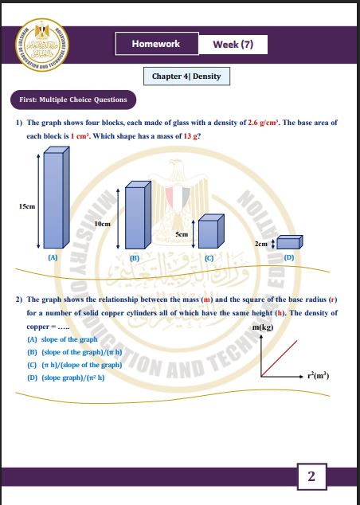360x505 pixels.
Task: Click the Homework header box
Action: (x=157, y=44)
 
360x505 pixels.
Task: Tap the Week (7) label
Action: (x=233, y=44)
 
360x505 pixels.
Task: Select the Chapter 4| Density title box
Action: (x=186, y=76)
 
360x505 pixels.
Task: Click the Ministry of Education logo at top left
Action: (x=42, y=45)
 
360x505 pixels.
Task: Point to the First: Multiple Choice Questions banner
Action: (x=73, y=100)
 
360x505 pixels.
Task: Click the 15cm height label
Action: (x=27, y=206)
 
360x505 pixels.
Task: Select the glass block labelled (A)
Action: (x=57, y=198)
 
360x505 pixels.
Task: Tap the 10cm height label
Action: (x=103, y=224)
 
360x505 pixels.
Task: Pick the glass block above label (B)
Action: (x=138, y=215)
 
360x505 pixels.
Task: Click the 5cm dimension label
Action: (x=182, y=234)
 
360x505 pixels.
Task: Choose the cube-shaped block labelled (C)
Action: (x=211, y=231)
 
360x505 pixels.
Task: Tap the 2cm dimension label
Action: (x=261, y=244)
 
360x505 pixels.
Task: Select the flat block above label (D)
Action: (x=290, y=242)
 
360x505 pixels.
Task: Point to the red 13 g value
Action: (x=190, y=136)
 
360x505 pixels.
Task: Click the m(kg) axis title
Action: (x=263, y=327)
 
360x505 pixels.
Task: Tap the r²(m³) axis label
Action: (x=318, y=375)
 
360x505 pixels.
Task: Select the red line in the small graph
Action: (x=280, y=358)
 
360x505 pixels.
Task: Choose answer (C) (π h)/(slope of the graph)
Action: (x=75, y=365)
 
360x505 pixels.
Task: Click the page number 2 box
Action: (x=311, y=476)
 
